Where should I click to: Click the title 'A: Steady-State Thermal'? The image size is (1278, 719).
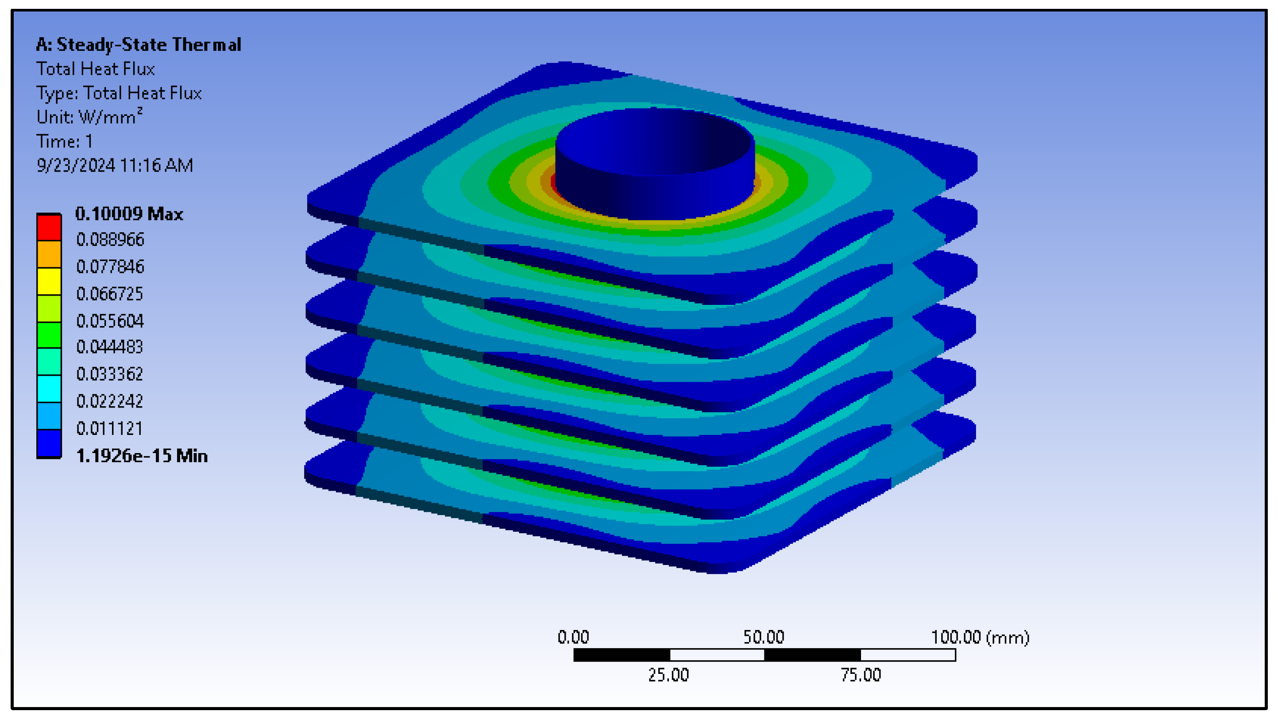[x=139, y=45]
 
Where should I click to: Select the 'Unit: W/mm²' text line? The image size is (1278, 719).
[x=89, y=117]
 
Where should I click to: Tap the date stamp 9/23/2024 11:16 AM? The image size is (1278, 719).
[x=115, y=165]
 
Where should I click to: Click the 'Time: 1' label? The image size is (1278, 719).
[x=65, y=141]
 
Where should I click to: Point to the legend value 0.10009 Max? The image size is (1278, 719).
[x=129, y=214]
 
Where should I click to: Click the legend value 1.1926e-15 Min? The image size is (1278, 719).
[x=141, y=456]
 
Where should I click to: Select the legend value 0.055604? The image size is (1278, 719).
[x=110, y=321]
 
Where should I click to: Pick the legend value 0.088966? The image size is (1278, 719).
[x=110, y=239]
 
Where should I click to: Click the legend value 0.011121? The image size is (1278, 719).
[x=109, y=428]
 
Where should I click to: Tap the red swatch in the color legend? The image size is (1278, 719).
[x=49, y=227]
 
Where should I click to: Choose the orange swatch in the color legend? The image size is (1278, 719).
[x=49, y=254]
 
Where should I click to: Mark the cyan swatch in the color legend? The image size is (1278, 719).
[x=49, y=389]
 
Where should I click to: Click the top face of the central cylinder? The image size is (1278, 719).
[x=655, y=141]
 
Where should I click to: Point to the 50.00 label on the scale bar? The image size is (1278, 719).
[x=764, y=637]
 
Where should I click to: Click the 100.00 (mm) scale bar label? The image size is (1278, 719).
[x=979, y=637]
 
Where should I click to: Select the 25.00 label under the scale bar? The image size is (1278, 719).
[x=668, y=675]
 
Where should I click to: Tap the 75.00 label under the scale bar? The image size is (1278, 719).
[x=860, y=675]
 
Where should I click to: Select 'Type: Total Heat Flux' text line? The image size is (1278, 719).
[x=119, y=93]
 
